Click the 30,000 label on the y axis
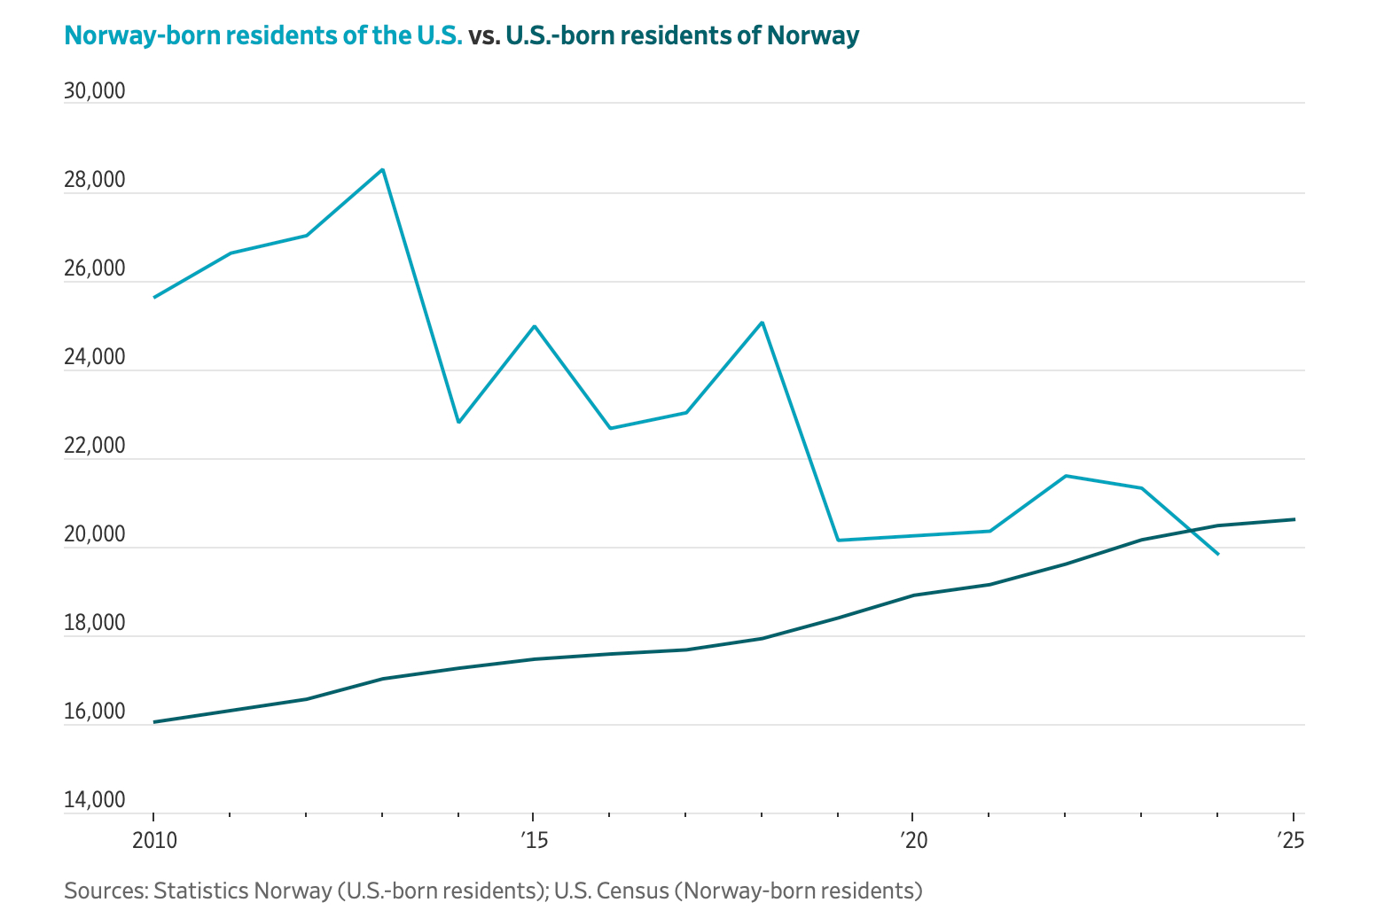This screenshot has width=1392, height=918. point(95,91)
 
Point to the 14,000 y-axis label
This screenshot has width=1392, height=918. point(95,800)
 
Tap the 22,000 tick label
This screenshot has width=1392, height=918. point(95,446)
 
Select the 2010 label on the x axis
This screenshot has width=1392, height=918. point(154,839)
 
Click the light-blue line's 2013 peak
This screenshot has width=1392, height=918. point(382,169)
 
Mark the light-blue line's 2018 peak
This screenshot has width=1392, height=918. point(762,323)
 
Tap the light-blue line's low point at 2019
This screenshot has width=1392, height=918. point(838,540)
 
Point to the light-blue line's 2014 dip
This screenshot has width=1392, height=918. point(458,422)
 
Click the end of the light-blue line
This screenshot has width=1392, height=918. point(1218,554)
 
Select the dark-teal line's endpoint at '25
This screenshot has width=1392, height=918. point(1294,519)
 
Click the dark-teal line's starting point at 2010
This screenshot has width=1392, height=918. point(154,722)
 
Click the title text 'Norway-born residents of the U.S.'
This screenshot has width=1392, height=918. point(263,35)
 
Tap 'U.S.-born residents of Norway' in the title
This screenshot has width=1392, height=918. point(682,35)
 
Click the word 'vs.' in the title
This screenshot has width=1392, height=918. point(484,35)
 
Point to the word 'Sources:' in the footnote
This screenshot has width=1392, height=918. point(105,890)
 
